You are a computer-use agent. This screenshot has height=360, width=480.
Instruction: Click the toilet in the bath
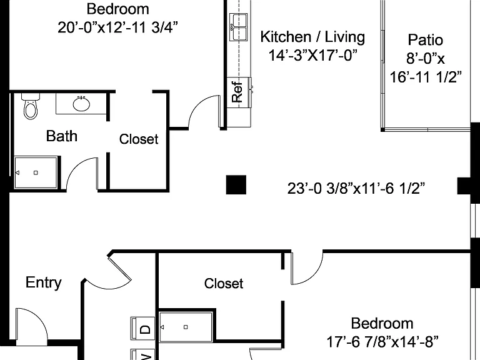coord(31,106)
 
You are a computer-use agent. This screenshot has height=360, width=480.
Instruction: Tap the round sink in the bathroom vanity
coord(81,104)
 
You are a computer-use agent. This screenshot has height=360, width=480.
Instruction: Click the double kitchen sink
coord(239,27)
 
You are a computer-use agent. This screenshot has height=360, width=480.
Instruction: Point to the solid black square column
coord(236,184)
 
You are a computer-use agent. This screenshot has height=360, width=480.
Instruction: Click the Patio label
coord(426,40)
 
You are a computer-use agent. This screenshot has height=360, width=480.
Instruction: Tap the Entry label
coord(44,282)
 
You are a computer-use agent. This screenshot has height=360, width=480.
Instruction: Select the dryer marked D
coord(143,329)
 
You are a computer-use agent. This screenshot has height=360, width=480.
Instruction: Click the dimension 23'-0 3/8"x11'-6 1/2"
coord(356,188)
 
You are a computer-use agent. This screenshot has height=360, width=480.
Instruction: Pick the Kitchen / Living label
coord(312,37)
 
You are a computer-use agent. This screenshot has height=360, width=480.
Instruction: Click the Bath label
coord(61,136)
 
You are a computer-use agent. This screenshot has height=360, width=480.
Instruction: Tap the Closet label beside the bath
coord(139,139)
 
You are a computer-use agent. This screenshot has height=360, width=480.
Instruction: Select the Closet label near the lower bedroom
coord(224,284)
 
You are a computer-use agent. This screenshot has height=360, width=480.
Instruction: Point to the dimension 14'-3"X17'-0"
coord(313,56)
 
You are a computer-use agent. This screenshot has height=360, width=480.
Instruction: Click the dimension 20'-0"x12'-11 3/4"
coord(118,27)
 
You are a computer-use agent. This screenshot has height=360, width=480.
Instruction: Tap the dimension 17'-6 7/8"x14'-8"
coord(382,342)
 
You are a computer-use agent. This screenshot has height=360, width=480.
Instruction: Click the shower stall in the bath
coord(36,172)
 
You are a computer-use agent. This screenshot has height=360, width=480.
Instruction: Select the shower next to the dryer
coord(186,327)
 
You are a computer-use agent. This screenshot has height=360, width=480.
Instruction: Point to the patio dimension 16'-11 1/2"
coord(426,76)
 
